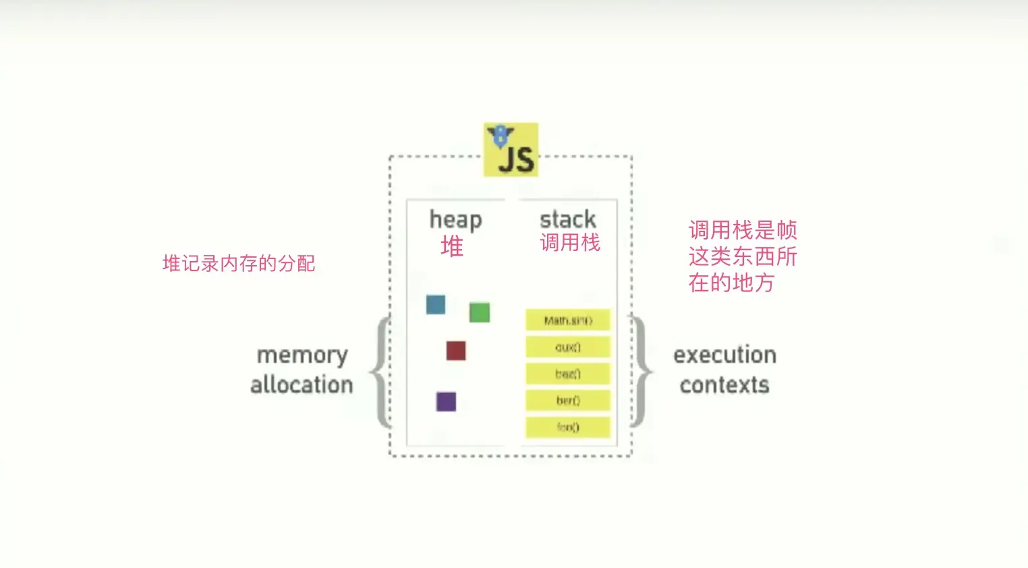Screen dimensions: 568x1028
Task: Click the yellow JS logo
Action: (x=511, y=150)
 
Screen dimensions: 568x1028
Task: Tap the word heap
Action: (x=455, y=220)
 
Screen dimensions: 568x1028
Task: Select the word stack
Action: (x=567, y=219)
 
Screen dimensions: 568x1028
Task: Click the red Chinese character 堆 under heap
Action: (x=452, y=246)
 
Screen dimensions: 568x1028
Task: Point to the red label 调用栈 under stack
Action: (x=570, y=242)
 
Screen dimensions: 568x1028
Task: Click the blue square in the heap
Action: (x=436, y=305)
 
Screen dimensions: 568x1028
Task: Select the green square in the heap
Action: (x=480, y=312)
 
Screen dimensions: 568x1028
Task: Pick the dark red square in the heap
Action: (x=456, y=351)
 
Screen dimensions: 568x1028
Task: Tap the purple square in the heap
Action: (x=446, y=402)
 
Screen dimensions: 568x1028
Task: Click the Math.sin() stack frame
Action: (x=568, y=320)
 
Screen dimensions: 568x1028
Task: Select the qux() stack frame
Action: (x=568, y=347)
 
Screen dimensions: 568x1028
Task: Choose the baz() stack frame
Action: (x=568, y=374)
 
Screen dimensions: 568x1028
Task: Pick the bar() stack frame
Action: (x=568, y=400)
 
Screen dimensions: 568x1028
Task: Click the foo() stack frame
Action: (x=568, y=427)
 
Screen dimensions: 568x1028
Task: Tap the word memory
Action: (x=302, y=356)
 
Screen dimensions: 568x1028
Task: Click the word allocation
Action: (x=302, y=385)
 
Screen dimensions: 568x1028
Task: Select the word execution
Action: (x=724, y=355)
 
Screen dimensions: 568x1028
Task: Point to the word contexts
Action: (x=724, y=385)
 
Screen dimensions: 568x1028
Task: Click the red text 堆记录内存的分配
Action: (x=239, y=263)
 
